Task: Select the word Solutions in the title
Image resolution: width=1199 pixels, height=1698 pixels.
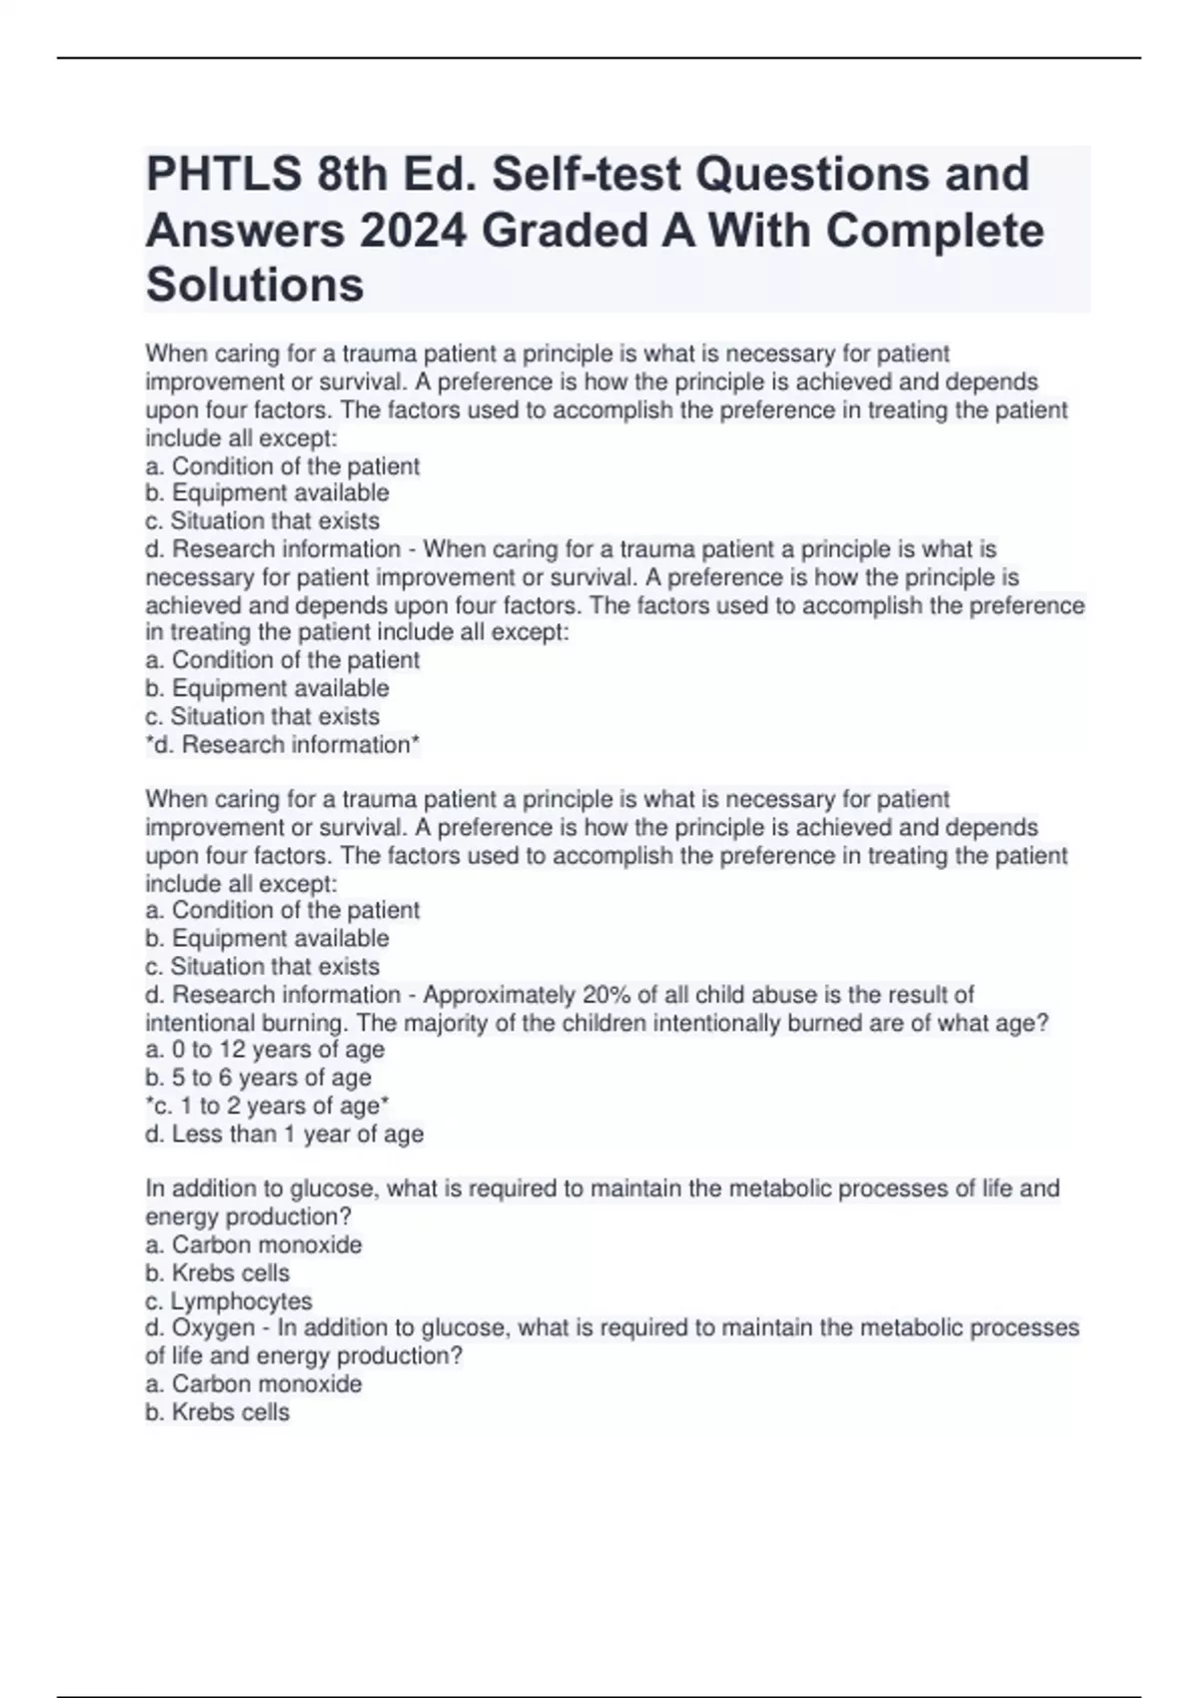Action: click(255, 285)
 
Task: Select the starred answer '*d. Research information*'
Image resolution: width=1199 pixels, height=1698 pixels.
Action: click(283, 744)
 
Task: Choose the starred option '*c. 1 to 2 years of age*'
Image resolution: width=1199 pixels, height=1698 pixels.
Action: click(267, 1106)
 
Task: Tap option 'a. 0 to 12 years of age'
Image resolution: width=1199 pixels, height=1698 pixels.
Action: click(265, 1050)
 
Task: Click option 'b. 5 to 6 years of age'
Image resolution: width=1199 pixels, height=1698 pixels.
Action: click(258, 1078)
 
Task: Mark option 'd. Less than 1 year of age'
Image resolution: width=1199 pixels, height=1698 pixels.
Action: click(284, 1134)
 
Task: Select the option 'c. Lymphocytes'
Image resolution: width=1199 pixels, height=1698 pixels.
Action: click(229, 1300)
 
